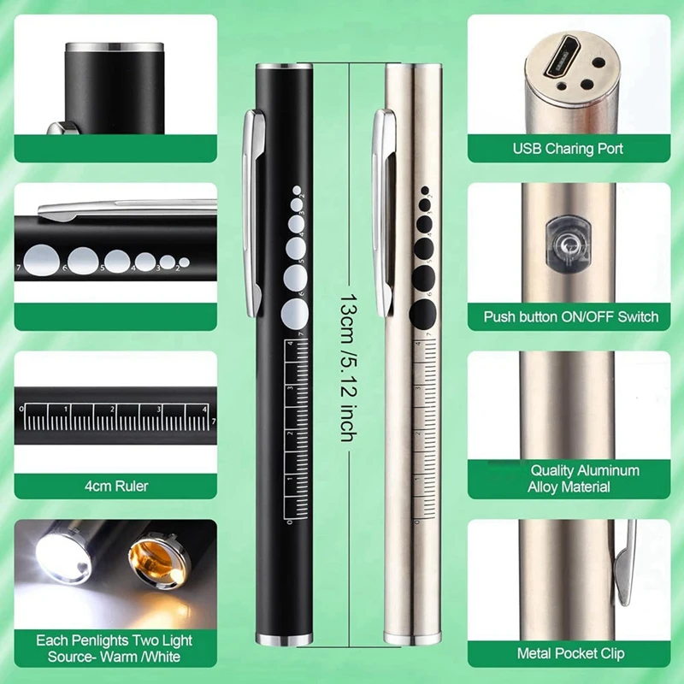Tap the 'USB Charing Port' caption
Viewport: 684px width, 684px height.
pyautogui.click(x=568, y=149)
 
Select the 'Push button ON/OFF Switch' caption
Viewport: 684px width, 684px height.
pyautogui.click(x=571, y=316)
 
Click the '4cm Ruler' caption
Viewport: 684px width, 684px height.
pyautogui.click(x=115, y=486)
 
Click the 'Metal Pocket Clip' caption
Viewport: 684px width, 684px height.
pyautogui.click(x=571, y=653)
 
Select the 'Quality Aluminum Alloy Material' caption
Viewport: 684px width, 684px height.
pyautogui.click(x=585, y=479)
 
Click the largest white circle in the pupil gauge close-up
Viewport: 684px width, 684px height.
pyautogui.click(x=39, y=256)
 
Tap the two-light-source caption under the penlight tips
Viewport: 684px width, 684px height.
pyautogui.click(x=115, y=647)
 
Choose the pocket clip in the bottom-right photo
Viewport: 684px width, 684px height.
pyautogui.click(x=626, y=564)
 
